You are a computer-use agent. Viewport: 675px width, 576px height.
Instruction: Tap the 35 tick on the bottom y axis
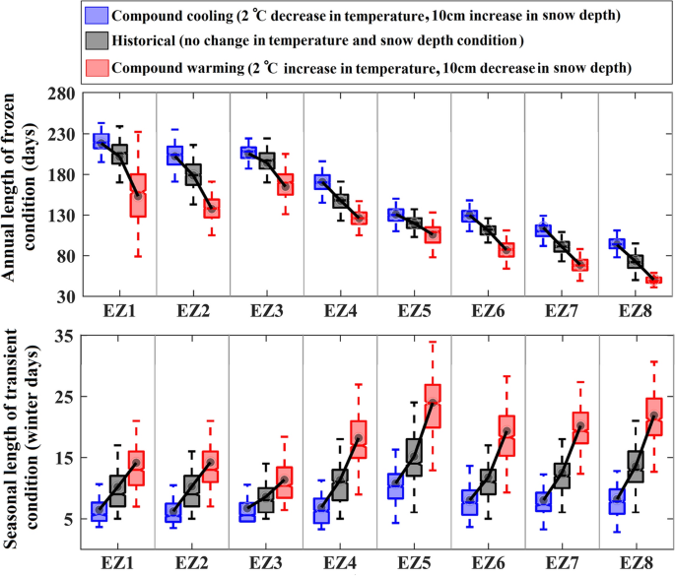click(64, 337)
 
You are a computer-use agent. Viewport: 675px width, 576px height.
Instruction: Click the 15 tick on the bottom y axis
click(64, 458)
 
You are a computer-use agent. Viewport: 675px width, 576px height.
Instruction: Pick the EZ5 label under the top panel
click(414, 312)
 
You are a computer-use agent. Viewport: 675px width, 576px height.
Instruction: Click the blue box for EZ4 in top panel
click(322, 181)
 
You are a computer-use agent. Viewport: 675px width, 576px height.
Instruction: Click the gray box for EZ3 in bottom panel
click(266, 500)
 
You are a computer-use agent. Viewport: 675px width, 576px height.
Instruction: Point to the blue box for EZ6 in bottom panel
click(470, 502)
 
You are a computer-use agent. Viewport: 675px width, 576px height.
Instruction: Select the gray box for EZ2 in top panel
click(192, 174)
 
